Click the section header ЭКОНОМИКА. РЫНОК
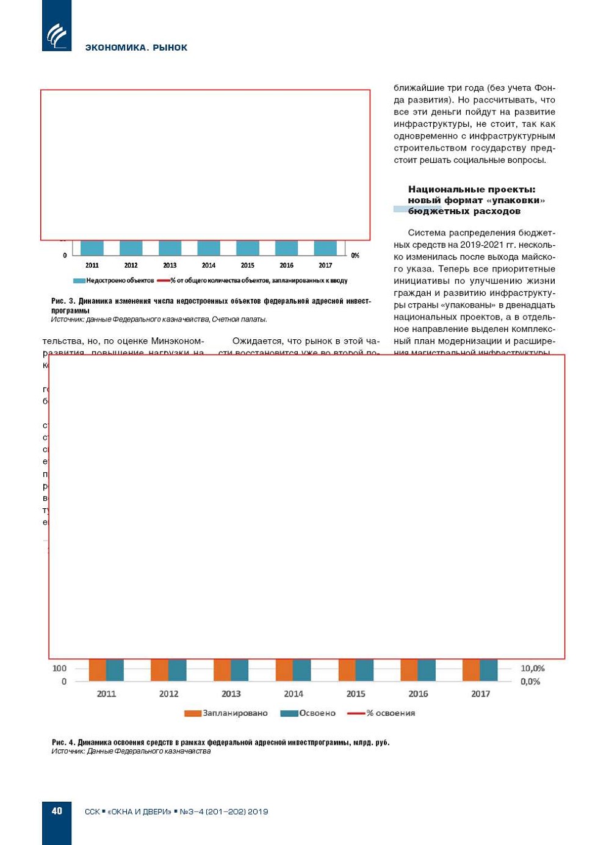click(136, 48)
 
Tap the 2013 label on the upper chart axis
click(170, 265)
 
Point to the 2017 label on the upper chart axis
click(325, 265)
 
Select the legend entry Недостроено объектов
click(120, 281)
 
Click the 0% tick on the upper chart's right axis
click(355, 256)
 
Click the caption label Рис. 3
click(63, 301)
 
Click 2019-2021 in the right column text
click(483, 245)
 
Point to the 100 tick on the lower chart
click(59, 669)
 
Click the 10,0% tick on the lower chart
click(533, 669)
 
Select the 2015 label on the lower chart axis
click(356, 694)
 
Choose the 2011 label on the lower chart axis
click(106, 694)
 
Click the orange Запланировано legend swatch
click(193, 713)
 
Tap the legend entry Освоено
click(317, 713)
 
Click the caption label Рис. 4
click(63, 743)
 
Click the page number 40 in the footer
click(57, 811)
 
